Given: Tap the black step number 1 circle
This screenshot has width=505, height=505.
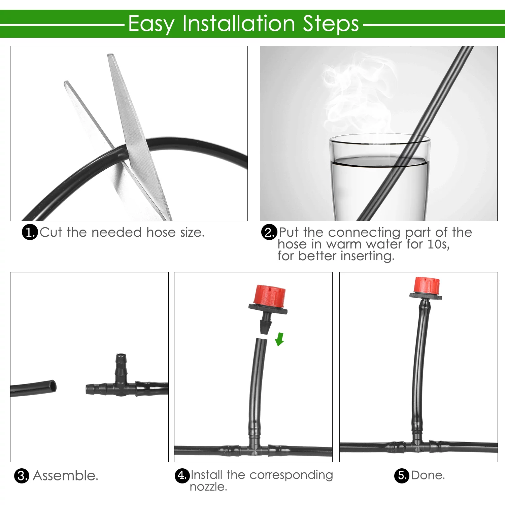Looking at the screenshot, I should coord(30,232).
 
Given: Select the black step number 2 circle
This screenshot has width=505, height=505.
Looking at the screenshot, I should coord(269,232).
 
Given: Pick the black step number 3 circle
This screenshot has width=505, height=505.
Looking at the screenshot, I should coord(22,476).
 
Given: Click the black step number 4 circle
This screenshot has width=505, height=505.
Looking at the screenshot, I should coord(182,476).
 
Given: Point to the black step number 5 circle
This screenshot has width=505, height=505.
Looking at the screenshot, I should coord(402,476).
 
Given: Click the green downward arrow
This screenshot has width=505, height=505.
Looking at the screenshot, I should coord(279,339).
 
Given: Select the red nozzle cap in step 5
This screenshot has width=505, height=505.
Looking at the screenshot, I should coord(427,285).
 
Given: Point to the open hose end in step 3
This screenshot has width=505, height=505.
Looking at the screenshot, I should coord(52,386).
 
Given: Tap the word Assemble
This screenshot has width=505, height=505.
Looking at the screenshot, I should coord(66,476).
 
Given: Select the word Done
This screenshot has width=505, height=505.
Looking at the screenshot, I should coord(428,475).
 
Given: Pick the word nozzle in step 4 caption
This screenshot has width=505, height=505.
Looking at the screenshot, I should coord(208,487).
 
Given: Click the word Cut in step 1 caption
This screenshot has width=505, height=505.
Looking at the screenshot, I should coord(51,232).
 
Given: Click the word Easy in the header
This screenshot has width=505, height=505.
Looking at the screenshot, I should coord(151,24).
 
